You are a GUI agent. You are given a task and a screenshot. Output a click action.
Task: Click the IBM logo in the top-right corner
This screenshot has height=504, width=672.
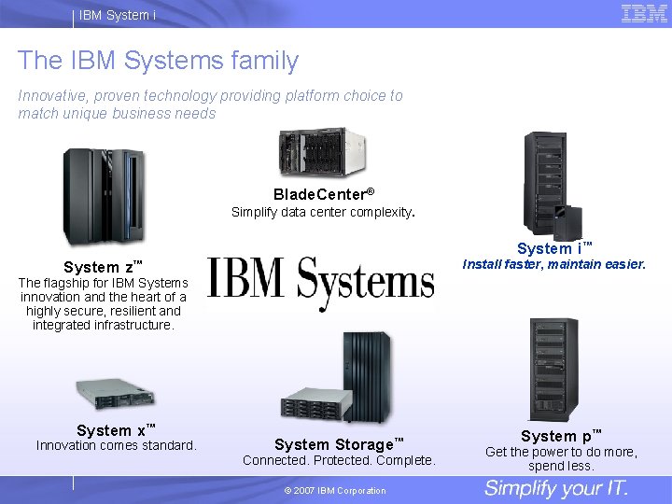pos(644,13)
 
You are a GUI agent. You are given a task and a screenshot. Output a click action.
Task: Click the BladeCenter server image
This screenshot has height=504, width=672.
pos(322,152)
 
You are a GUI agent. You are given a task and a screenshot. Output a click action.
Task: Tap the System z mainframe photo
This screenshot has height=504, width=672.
pos(103,197)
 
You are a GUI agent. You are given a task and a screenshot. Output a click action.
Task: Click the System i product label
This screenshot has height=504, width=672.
pos(554,248)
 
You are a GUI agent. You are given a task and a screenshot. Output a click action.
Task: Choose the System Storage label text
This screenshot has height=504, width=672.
pos(339,444)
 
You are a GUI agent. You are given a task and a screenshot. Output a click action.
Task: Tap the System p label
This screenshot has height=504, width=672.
pos(561,436)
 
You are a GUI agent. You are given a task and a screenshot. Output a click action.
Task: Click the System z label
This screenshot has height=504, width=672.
pos(103,267)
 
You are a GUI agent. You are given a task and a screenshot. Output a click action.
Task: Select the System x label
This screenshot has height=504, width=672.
pos(116,430)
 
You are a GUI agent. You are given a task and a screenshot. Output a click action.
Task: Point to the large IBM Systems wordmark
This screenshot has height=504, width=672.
pos(320,281)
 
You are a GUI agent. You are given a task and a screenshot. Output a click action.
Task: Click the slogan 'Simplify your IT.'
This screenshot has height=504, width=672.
pos(556,488)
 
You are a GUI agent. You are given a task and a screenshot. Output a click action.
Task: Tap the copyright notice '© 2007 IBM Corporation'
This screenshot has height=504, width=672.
pos(334,491)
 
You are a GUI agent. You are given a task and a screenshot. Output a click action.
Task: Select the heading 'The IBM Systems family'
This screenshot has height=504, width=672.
pos(158,61)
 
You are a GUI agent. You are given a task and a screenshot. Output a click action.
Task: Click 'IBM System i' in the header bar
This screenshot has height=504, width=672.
pos(118,14)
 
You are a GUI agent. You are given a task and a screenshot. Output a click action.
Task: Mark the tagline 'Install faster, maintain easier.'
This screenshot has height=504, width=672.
pos(554,264)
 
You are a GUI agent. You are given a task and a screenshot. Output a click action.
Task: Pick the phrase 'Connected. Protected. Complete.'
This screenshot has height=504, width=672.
pos(339,460)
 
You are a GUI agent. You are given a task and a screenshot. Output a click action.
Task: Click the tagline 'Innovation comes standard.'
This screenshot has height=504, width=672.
pos(117,445)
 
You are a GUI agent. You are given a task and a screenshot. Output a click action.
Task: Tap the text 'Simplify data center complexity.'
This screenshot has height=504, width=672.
pos(323,212)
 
